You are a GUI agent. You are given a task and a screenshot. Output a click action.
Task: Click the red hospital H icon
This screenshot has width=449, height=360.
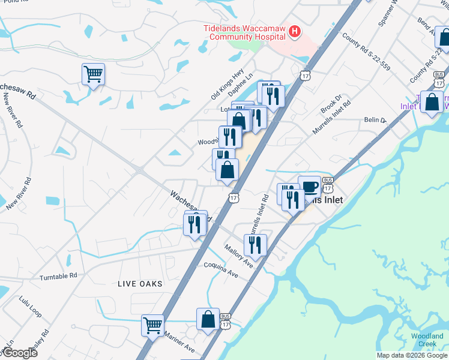click(x=294, y=32)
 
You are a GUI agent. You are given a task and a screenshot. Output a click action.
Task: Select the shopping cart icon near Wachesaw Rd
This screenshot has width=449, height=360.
click(x=93, y=74)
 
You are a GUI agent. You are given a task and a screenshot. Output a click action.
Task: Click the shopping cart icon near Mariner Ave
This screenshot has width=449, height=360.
click(x=152, y=326)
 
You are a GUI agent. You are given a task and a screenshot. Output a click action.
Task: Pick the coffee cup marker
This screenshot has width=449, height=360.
click(x=309, y=187)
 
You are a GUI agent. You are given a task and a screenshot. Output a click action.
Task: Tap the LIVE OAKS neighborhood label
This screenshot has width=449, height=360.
click(x=140, y=283)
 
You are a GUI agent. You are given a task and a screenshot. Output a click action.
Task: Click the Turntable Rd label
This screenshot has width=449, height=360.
click(x=59, y=277)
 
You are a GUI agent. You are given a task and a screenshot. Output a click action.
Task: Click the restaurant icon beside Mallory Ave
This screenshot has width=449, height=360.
click(x=255, y=245)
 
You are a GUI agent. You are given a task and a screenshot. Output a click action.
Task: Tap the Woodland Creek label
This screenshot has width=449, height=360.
click(x=427, y=340)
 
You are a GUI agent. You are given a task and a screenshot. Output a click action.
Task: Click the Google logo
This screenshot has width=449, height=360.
click(x=19, y=353)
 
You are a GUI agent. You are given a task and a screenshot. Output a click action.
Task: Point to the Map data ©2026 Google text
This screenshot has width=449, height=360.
click(x=411, y=355)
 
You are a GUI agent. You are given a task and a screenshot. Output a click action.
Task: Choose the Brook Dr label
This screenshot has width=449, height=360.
click(x=331, y=105)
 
